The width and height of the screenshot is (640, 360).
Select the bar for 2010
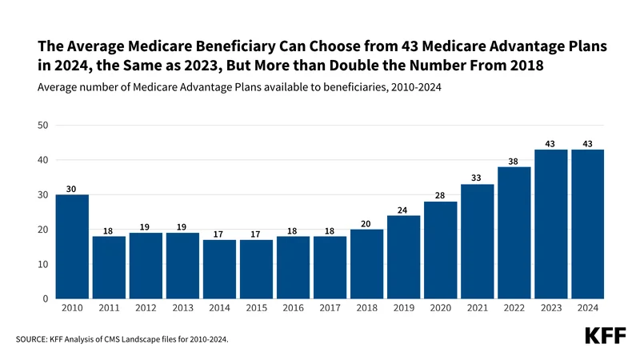[71, 246]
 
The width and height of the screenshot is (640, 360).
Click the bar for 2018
[366, 264]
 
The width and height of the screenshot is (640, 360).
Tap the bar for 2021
[477, 242]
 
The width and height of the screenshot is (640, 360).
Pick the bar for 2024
[587, 224]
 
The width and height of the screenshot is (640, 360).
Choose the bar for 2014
[219, 269]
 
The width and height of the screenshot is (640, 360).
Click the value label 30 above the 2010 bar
[71, 189]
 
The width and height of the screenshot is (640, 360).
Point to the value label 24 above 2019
[403, 210]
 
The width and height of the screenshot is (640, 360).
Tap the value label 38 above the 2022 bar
[514, 161]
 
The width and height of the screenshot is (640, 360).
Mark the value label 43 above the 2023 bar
[550, 143]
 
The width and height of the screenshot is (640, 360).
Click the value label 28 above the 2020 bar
[440, 195]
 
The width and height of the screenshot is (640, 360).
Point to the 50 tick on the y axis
[43, 126]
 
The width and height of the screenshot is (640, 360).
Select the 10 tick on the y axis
[43, 265]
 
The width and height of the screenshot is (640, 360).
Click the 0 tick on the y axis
[46, 299]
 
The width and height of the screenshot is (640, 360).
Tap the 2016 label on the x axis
[293, 308]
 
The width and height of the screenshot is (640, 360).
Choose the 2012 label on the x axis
[146, 308]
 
